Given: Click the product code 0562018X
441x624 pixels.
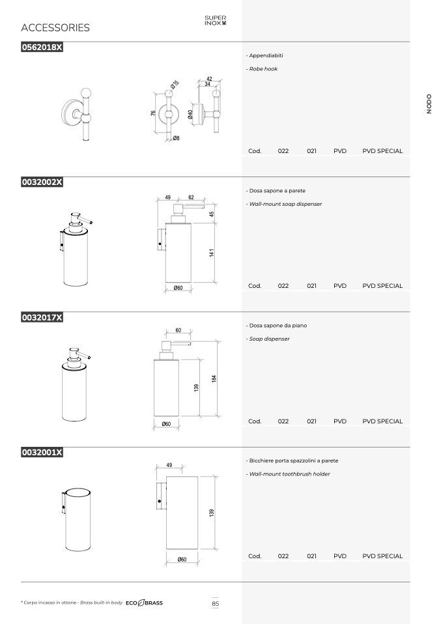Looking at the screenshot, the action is click(42, 48).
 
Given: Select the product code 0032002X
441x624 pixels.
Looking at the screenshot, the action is click(42, 182).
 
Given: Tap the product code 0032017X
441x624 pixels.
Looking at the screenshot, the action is click(42, 318).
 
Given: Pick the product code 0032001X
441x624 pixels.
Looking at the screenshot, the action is click(42, 453).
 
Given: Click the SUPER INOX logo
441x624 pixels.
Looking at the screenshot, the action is click(216, 20).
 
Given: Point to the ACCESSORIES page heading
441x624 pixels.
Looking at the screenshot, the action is click(55, 27).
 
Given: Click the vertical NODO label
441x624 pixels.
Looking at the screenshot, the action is click(429, 104).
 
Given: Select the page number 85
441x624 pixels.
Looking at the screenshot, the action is click(216, 603).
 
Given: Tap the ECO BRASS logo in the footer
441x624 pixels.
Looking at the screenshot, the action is click(144, 603).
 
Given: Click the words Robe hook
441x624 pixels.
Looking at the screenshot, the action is click(263, 69).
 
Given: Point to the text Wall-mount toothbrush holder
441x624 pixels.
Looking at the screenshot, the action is click(289, 474).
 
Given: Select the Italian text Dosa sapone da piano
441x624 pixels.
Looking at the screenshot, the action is click(277, 326).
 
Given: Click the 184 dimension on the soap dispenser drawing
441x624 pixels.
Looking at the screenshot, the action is click(214, 378).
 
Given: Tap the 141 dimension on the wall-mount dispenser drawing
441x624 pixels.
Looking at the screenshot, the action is click(212, 253).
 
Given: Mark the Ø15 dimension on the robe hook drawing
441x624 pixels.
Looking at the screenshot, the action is click(175, 85).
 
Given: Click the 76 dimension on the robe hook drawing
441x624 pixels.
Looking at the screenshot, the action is click(153, 113).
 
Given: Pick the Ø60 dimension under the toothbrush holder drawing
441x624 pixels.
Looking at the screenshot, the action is click(182, 560).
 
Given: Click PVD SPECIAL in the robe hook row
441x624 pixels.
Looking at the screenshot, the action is click(382, 151).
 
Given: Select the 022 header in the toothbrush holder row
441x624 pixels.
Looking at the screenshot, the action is click(283, 556).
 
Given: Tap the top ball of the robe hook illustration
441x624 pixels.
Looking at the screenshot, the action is click(86, 93).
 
